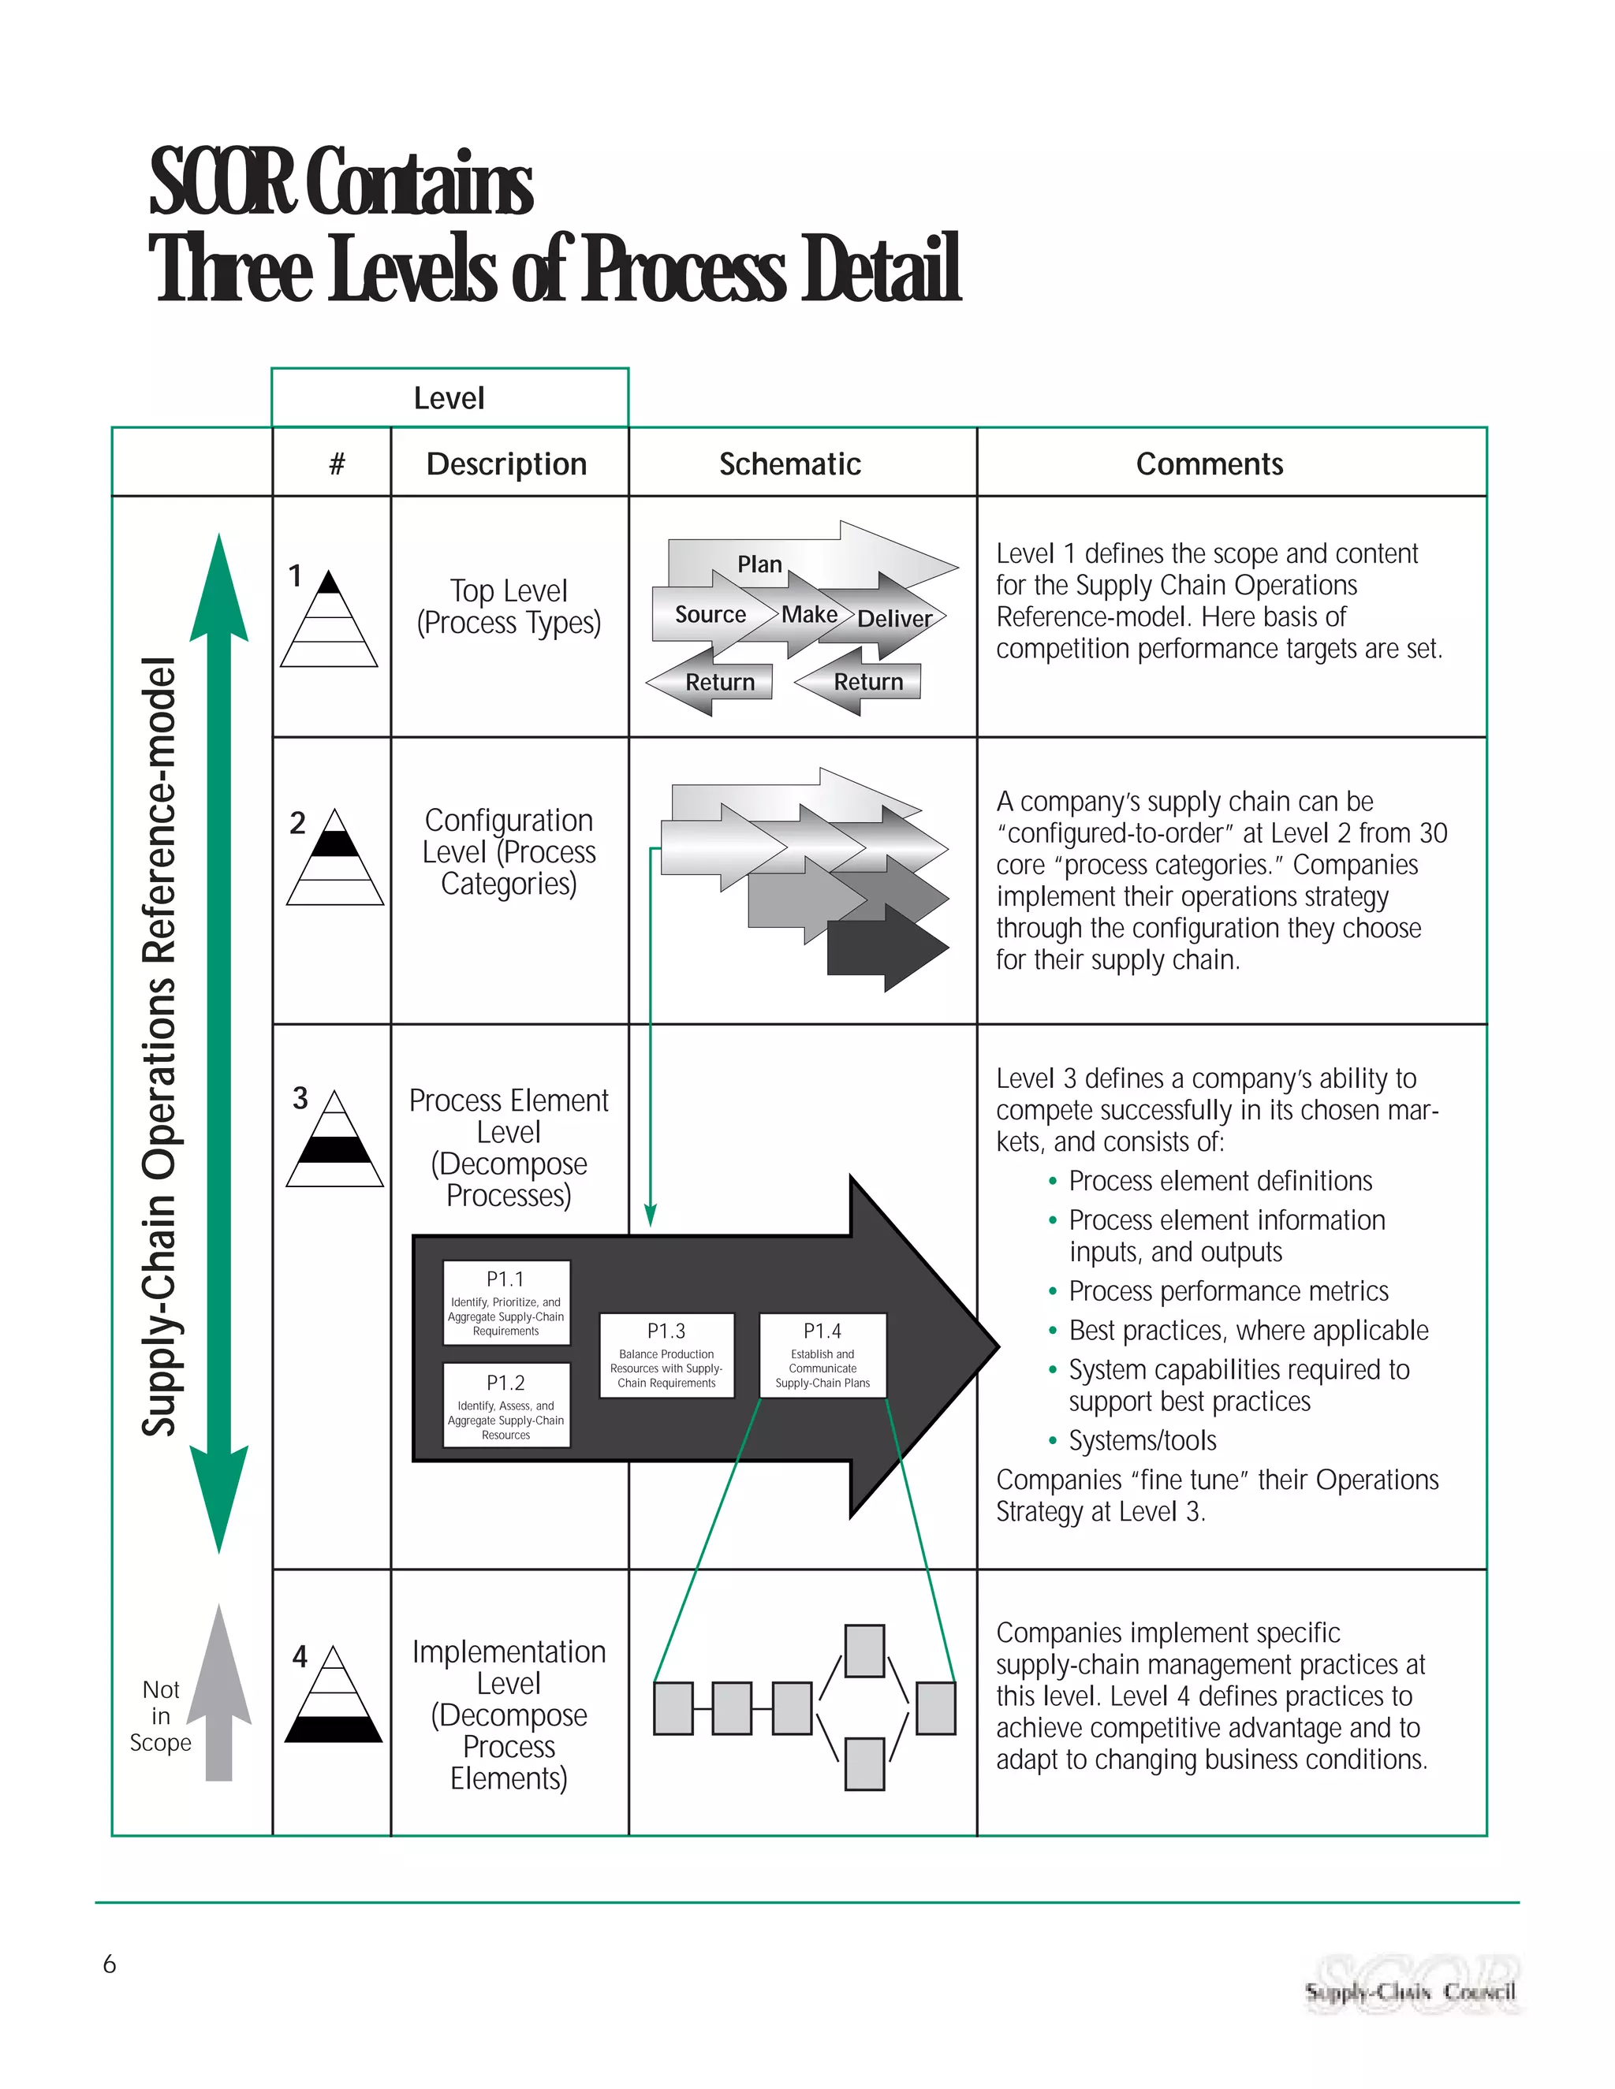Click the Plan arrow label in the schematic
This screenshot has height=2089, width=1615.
click(x=759, y=564)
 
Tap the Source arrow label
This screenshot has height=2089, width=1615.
click(x=710, y=614)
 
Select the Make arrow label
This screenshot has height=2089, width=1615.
click(x=809, y=614)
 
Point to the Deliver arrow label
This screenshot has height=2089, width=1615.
click(x=894, y=619)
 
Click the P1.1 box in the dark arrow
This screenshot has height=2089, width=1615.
click(x=506, y=1303)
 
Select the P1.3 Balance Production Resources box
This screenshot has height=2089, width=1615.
click(x=667, y=1355)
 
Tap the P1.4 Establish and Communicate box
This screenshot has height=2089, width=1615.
click(x=822, y=1355)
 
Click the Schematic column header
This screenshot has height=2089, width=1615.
click(x=790, y=464)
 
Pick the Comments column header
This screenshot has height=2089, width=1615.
click(x=1210, y=464)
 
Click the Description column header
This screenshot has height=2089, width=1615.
click(x=507, y=464)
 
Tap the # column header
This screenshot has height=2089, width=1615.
click(x=337, y=464)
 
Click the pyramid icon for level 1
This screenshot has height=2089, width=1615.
click(x=329, y=620)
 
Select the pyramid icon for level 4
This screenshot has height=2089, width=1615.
click(x=334, y=1695)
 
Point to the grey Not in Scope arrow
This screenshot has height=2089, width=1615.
click(x=219, y=1693)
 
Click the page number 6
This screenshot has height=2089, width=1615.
click(x=109, y=1964)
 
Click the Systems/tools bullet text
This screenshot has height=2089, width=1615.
click(x=1143, y=1440)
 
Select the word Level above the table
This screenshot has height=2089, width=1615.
click(x=449, y=398)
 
